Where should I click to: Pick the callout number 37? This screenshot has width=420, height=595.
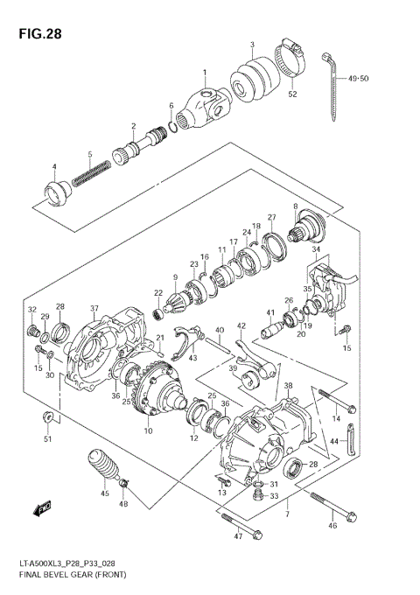coord(94,307)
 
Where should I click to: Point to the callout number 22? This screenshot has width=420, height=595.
coord(158,293)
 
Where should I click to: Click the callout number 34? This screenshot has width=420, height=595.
coord(316,250)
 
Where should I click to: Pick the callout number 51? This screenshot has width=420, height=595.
coord(48,439)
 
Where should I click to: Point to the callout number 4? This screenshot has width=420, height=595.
coord(53,167)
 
